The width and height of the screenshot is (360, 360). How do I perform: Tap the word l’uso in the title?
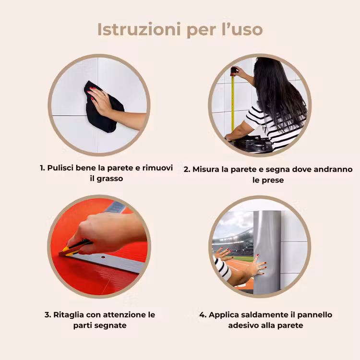tap(242, 29)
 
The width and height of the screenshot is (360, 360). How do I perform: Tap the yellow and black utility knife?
tap(74, 248)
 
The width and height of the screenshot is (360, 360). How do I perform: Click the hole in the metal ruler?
tap(103, 257)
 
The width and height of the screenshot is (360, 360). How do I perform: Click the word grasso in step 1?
tap(110, 179)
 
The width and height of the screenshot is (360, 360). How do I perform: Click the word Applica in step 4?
tap(223, 315)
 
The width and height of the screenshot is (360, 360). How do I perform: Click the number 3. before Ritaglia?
tap(48, 315)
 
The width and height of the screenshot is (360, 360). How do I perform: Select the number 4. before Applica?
tap(203, 315)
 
